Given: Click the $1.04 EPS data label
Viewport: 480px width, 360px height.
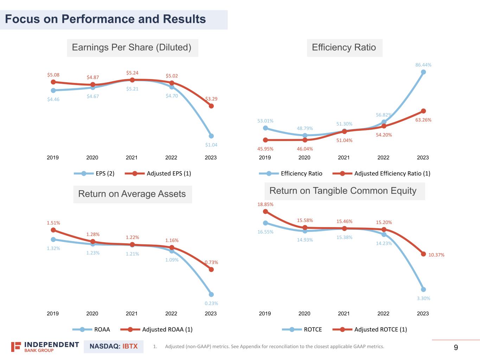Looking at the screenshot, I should tap(211, 145).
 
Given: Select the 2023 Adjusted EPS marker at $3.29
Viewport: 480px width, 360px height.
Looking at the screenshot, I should tap(211, 106).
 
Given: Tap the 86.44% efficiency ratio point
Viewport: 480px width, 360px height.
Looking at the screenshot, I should tap(423, 72).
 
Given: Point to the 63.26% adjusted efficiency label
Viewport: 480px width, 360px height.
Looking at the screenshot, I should tap(423, 120).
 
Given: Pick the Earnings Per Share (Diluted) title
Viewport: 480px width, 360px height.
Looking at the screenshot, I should tap(132, 47).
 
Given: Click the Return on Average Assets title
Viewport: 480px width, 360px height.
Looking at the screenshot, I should tap(132, 194).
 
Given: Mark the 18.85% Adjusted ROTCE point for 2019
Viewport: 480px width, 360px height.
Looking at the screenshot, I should tap(265, 212).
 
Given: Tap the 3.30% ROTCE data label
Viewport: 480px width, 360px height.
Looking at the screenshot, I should tap(423, 298).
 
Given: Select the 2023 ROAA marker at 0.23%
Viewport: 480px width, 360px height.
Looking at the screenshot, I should tap(211, 295).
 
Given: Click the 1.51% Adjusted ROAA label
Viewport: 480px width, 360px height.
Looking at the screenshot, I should tap(53, 223).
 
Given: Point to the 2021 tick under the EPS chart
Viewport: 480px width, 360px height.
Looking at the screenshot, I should tap(132, 157).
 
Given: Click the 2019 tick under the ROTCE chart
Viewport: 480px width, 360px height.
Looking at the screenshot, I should tap(265, 314).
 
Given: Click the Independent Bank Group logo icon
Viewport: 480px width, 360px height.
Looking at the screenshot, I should tap(16, 347).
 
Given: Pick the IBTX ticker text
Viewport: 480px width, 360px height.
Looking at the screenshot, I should tap(130, 346).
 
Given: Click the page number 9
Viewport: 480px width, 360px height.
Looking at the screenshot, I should tap(456, 348).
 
